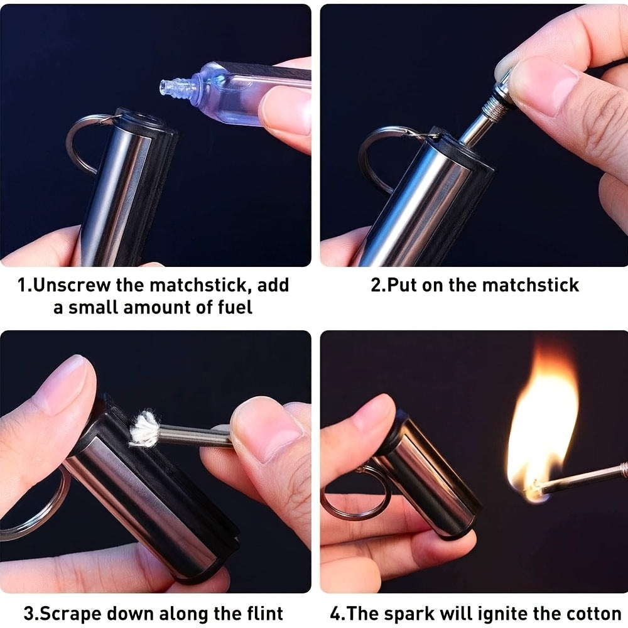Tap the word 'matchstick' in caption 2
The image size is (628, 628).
coord(533,285)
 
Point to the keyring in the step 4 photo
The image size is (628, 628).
coord(352,496)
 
